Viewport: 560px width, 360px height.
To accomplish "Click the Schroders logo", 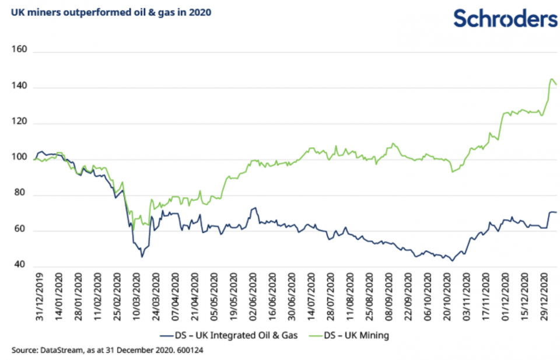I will pos(505,19).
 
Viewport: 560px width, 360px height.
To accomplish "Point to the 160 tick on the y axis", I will pos(20,52).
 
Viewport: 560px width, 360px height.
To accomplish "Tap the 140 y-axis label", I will pos(20,88).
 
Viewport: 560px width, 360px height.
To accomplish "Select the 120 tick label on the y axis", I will pos(20,124).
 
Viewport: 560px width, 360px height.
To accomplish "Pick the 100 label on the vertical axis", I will pos(20,159).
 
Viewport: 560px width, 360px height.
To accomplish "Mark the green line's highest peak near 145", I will pos(552,79).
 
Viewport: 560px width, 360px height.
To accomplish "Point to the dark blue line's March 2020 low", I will pos(141,257).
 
